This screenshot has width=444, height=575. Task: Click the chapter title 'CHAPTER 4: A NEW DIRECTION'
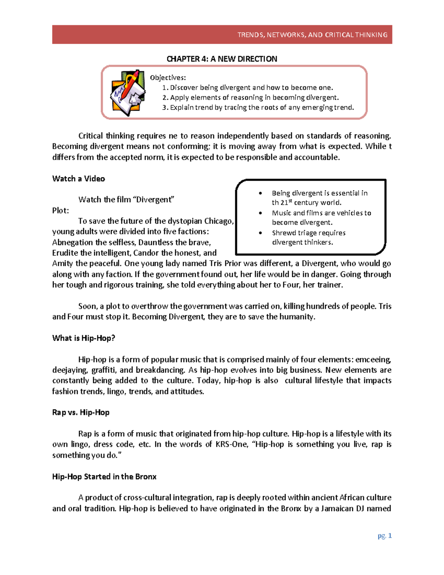(x=222, y=59)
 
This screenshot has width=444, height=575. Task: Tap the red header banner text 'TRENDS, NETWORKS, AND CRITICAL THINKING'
(x=312, y=35)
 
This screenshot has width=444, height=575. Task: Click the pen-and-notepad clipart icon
(x=128, y=93)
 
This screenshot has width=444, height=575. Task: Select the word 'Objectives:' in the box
(x=168, y=77)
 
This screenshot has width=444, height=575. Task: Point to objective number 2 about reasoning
(x=250, y=97)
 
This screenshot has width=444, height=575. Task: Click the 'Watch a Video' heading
(x=78, y=178)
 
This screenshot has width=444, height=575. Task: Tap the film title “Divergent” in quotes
(x=155, y=200)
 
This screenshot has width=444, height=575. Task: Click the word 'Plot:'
(x=60, y=210)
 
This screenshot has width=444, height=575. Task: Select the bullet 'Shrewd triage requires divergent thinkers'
(x=308, y=237)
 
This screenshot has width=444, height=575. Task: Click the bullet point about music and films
(x=321, y=217)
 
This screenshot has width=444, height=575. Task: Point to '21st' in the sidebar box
(x=284, y=202)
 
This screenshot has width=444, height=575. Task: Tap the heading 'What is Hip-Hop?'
(x=84, y=338)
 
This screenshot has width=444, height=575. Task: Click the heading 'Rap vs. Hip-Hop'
(x=81, y=412)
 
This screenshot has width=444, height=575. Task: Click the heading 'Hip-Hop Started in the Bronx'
(x=104, y=477)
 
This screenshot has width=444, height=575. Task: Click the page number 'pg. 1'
(x=384, y=535)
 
